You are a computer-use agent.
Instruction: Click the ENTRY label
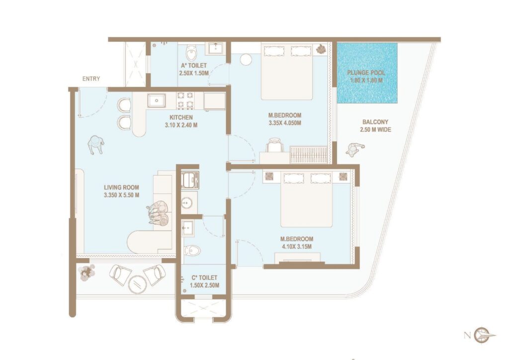[91, 79]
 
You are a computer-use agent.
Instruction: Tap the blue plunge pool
[367, 73]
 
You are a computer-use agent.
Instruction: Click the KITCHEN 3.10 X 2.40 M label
[183, 121]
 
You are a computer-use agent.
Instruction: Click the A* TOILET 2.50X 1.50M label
[193, 69]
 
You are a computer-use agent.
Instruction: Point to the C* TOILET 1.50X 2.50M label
[204, 281]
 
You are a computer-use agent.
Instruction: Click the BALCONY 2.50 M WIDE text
[375, 125]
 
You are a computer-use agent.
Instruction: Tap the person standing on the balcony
[354, 149]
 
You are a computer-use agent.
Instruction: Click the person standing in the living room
[96, 144]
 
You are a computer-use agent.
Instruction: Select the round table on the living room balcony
[137, 284]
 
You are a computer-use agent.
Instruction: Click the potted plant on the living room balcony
[87, 271]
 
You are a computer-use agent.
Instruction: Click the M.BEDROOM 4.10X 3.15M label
[297, 242]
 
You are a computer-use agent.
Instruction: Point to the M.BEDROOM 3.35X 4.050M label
[284, 119]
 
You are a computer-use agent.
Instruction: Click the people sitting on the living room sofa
[159, 214]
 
